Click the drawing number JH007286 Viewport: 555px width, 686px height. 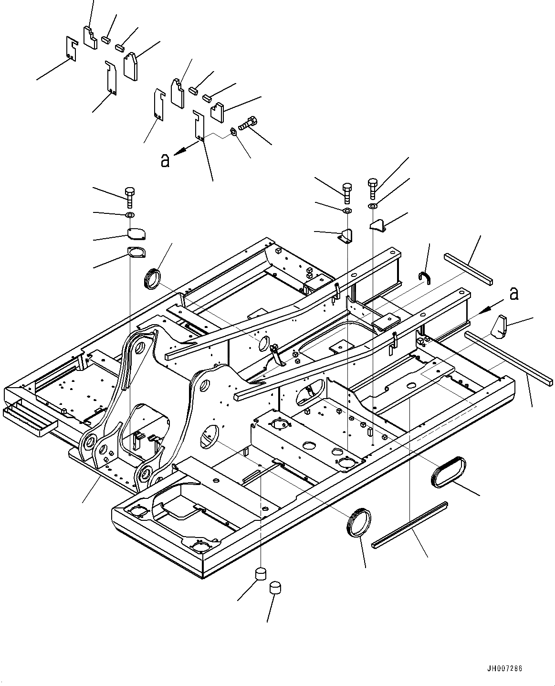504,669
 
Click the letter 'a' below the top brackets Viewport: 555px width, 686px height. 165,160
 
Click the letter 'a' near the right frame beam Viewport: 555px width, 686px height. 514,294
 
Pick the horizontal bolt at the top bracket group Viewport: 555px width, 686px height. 248,123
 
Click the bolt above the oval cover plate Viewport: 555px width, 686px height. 130,197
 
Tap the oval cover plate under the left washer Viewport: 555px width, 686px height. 136,234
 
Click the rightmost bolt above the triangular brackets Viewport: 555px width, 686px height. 373,189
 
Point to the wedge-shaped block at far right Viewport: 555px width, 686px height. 499,327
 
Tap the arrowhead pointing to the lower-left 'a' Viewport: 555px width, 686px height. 182,150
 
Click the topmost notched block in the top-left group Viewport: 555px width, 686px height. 91,38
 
